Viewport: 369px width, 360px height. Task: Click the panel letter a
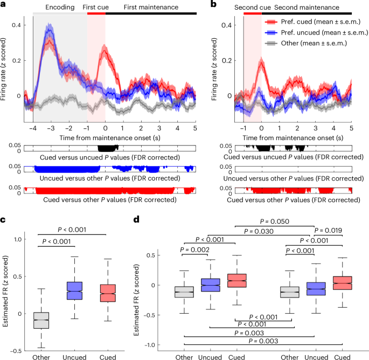point(4,4)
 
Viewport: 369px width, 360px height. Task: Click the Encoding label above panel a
point(60,8)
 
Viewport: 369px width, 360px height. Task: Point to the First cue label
point(95,8)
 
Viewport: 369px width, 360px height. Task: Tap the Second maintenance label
point(307,8)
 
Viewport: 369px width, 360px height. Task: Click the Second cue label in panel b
point(252,8)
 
